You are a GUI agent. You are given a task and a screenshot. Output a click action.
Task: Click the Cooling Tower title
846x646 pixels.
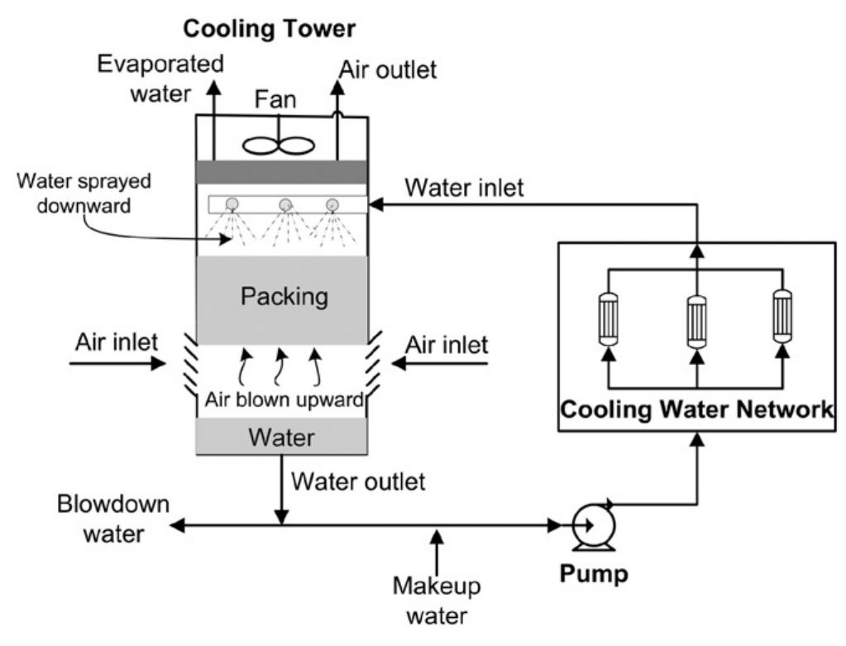pos(269,29)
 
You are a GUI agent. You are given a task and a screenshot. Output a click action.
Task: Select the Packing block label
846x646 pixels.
pos(284,295)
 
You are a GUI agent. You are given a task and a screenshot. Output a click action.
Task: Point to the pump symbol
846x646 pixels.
pos(590,524)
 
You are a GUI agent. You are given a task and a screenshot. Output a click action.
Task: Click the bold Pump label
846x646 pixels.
pos(595,572)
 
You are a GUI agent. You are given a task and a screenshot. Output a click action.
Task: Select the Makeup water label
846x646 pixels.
pos(437,601)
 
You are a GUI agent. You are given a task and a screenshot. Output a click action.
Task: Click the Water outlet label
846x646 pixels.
pos(359,481)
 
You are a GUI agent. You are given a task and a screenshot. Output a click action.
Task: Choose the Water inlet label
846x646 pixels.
pos(464,189)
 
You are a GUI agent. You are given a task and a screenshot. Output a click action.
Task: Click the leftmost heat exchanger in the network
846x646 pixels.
pos(609,317)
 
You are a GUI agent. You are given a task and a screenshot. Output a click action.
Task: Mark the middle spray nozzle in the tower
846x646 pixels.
pos(285,203)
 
